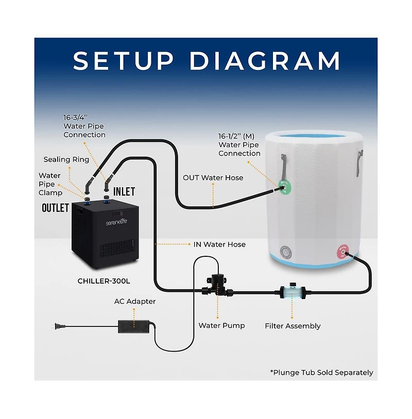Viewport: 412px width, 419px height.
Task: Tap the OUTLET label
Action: point(56,208)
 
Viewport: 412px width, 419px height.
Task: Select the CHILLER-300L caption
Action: point(103,282)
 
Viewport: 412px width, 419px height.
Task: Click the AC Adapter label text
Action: point(135,301)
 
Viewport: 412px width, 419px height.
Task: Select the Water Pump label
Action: point(222,325)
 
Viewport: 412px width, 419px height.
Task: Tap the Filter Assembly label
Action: point(293,326)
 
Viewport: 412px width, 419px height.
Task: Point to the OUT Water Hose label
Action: point(213,178)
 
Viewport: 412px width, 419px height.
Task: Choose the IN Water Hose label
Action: point(220,245)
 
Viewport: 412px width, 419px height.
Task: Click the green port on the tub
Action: point(284,186)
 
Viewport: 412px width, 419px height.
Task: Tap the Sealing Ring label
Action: point(66,160)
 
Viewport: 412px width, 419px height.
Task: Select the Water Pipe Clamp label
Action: point(49,184)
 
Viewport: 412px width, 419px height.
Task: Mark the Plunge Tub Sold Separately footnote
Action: point(321,372)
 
